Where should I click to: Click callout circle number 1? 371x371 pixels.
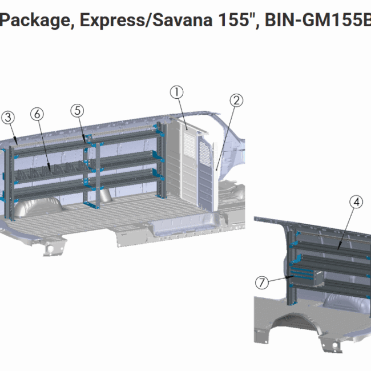click(177, 92)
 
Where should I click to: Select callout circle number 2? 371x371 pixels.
click(236, 100)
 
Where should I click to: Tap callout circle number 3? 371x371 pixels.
click(8, 118)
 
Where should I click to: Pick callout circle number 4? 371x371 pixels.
click(356, 202)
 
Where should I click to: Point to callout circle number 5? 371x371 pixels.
click(78, 111)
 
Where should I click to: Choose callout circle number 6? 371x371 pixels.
click(37, 114)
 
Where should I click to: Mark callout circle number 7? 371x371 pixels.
click(262, 283)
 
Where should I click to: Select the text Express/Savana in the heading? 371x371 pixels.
click(146, 21)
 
